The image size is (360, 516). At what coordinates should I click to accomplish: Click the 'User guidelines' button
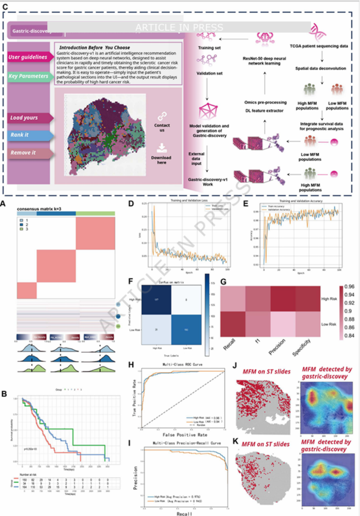click(28, 57)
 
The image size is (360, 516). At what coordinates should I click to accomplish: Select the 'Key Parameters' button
click(28, 76)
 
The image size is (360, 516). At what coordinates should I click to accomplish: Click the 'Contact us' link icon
click(162, 116)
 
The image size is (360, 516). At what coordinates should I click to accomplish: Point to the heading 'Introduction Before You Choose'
click(94, 47)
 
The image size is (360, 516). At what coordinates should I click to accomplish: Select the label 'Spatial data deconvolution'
click(321, 68)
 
